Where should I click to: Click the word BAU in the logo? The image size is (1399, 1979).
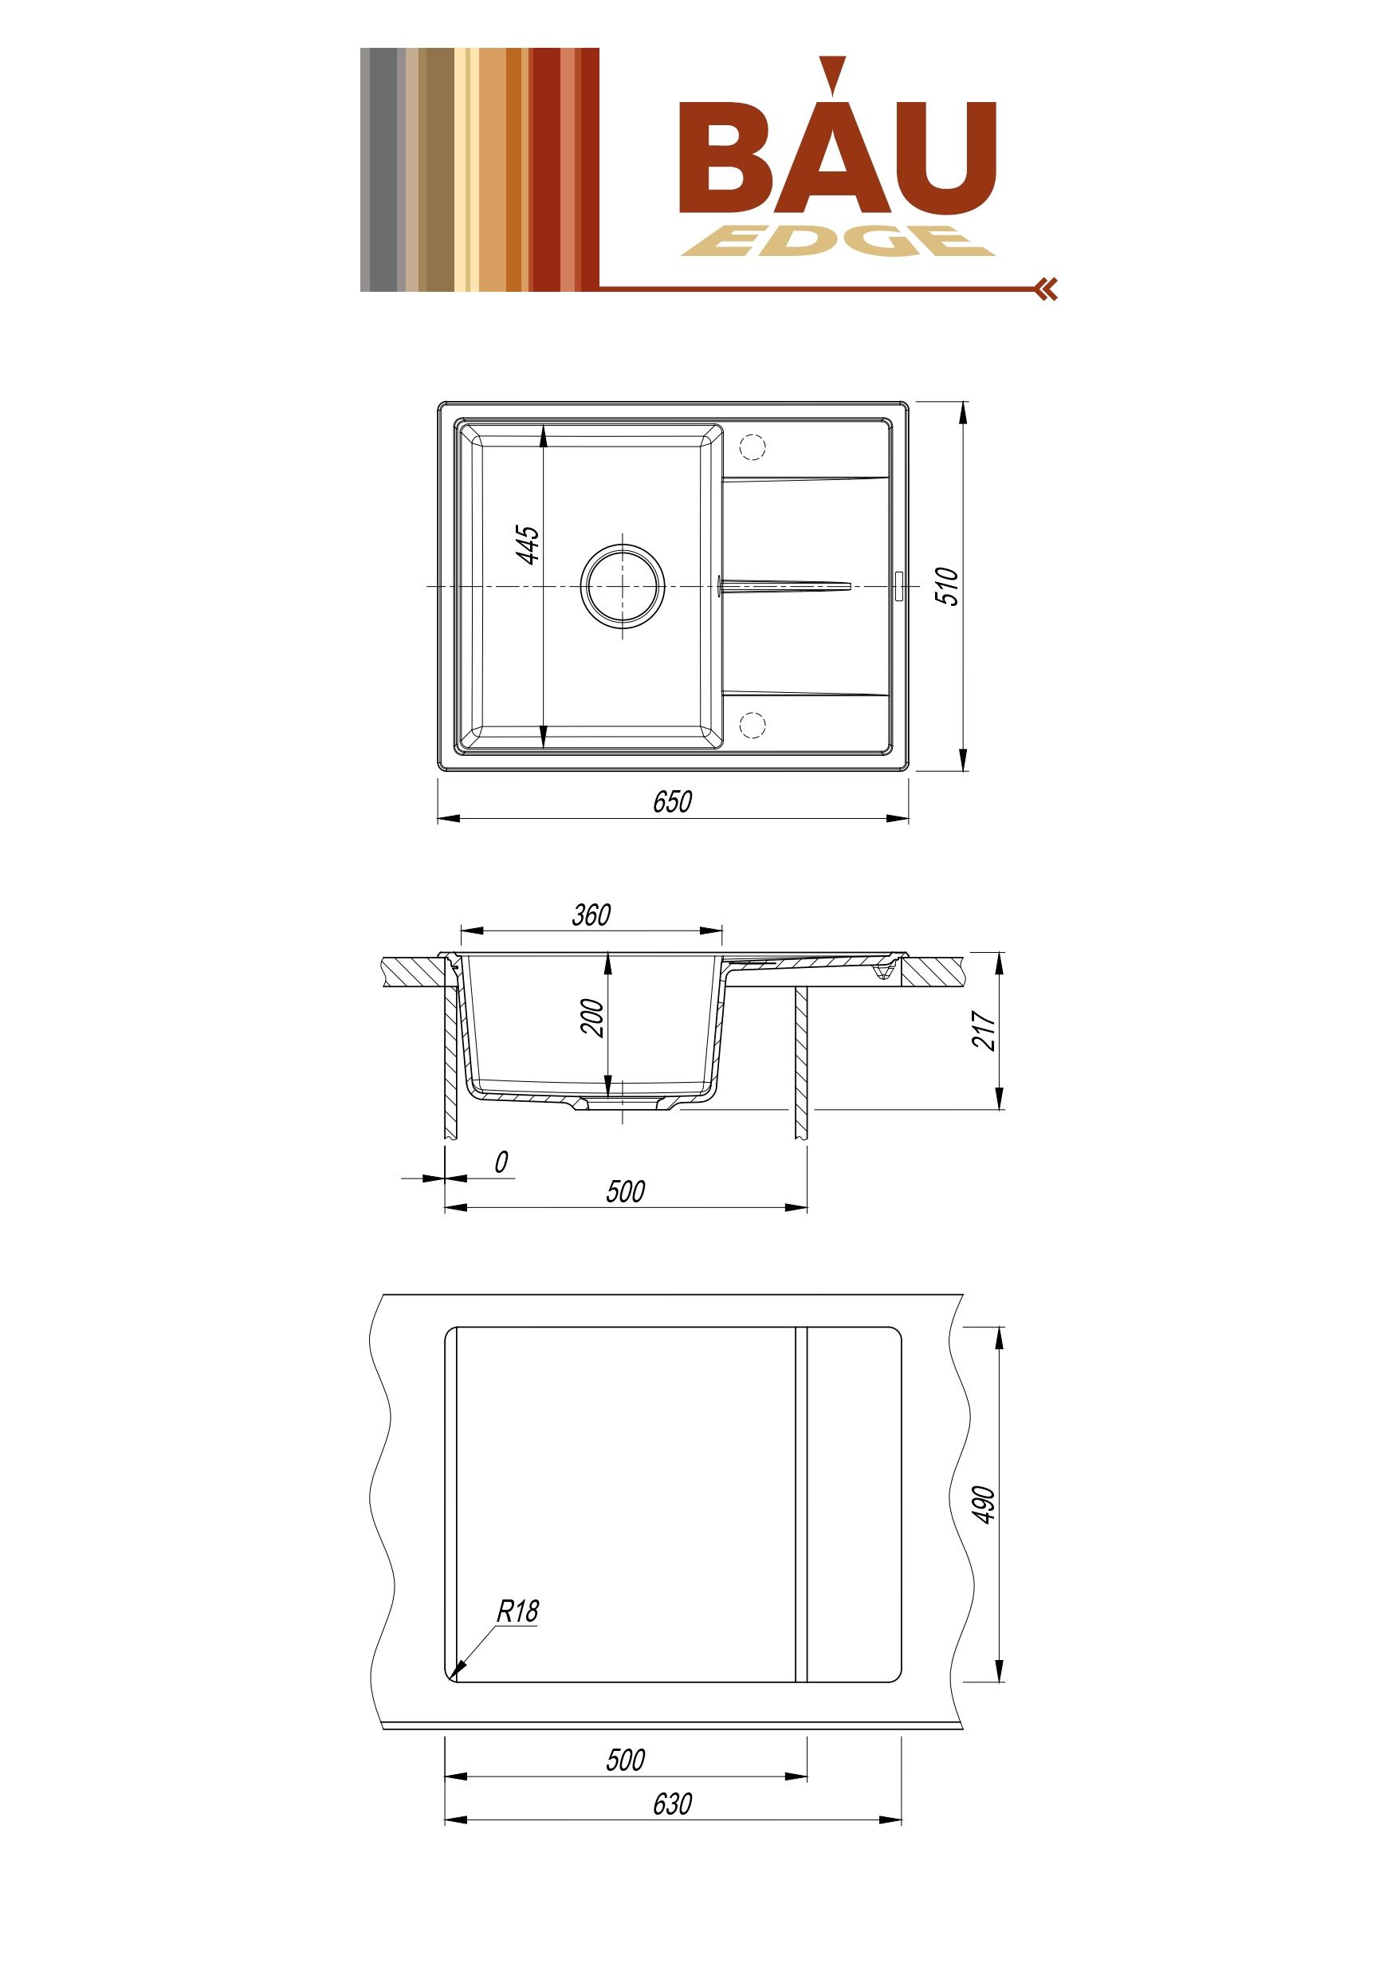[x=837, y=138]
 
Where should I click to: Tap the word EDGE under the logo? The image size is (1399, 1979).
[x=838, y=242]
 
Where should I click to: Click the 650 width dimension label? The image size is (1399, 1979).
[x=671, y=801]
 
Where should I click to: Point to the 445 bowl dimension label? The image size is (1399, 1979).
[x=529, y=544]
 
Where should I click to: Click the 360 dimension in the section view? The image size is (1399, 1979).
[x=591, y=915]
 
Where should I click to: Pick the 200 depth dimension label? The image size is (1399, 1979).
[x=592, y=1017]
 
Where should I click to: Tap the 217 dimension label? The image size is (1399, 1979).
[x=984, y=1030]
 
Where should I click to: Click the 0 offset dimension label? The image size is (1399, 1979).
[x=501, y=1162]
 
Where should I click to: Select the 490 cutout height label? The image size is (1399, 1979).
[x=984, y=1504]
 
